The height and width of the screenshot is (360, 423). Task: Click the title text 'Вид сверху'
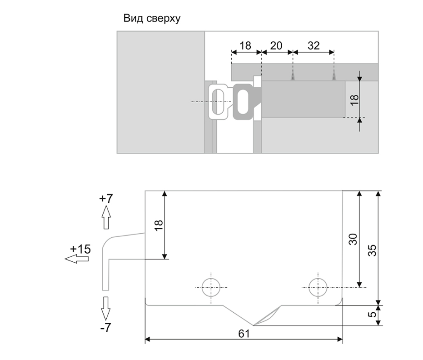(x=152, y=19)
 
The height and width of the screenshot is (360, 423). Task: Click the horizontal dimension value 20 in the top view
(x=276, y=45)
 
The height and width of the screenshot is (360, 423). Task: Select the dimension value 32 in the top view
(x=314, y=45)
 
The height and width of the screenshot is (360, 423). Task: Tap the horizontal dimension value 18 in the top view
(x=245, y=45)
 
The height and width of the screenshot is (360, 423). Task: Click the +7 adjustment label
(x=106, y=198)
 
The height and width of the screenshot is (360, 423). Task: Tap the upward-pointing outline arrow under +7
(x=106, y=217)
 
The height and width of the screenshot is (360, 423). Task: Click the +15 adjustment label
(x=80, y=249)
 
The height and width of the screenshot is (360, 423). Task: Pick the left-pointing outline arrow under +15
(x=76, y=259)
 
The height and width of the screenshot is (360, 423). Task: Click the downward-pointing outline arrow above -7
(x=106, y=308)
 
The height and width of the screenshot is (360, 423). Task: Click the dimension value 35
(x=372, y=248)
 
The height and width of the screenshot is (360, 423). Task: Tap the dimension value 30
(x=353, y=240)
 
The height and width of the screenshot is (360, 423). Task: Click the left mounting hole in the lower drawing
(x=211, y=287)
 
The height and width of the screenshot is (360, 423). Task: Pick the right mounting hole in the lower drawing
(x=318, y=287)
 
